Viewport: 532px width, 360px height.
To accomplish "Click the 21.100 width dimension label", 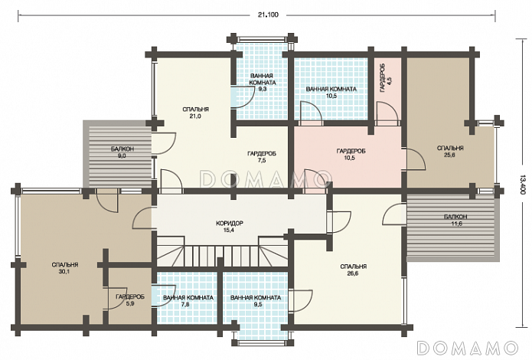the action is pyautogui.click(x=268, y=15).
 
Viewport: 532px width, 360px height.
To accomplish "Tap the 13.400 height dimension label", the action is pyautogui.click(x=522, y=185).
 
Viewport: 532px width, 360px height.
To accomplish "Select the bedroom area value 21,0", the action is pyautogui.click(x=195, y=116).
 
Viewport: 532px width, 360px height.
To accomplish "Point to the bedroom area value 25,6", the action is pyautogui.click(x=449, y=155).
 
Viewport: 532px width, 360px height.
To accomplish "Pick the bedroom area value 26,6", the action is pyautogui.click(x=353, y=273).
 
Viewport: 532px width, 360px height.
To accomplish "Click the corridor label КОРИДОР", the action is pyautogui.click(x=230, y=223).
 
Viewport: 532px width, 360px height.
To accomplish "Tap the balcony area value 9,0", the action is pyautogui.click(x=122, y=156).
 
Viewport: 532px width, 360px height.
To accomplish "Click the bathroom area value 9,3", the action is pyautogui.click(x=263, y=90).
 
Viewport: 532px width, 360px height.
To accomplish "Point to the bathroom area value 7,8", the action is pyautogui.click(x=185, y=304).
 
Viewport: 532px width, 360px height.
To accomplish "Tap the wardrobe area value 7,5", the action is pyautogui.click(x=261, y=161).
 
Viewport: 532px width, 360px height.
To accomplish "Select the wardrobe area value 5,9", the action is pyautogui.click(x=130, y=303).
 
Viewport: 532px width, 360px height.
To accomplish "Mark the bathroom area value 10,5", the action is pyautogui.click(x=331, y=96).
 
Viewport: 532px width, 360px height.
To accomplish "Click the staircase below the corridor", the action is pyautogui.click(x=222, y=251).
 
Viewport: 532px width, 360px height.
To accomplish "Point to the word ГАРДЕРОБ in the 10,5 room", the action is pyautogui.click(x=351, y=151).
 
